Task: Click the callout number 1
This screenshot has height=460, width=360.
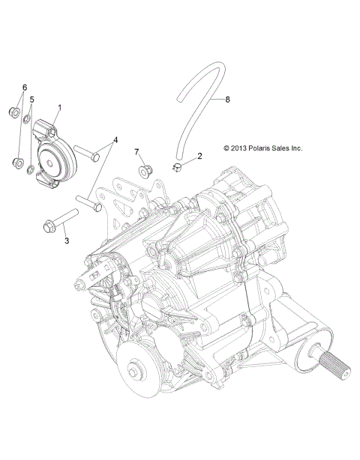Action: [x=60, y=107]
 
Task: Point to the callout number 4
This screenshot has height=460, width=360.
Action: [x=115, y=139]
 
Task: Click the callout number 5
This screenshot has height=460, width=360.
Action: [x=31, y=99]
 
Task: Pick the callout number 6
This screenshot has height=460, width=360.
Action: [x=23, y=88]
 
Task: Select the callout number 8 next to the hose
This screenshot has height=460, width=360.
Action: [x=229, y=97]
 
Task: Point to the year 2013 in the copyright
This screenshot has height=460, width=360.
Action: [x=222, y=148]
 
